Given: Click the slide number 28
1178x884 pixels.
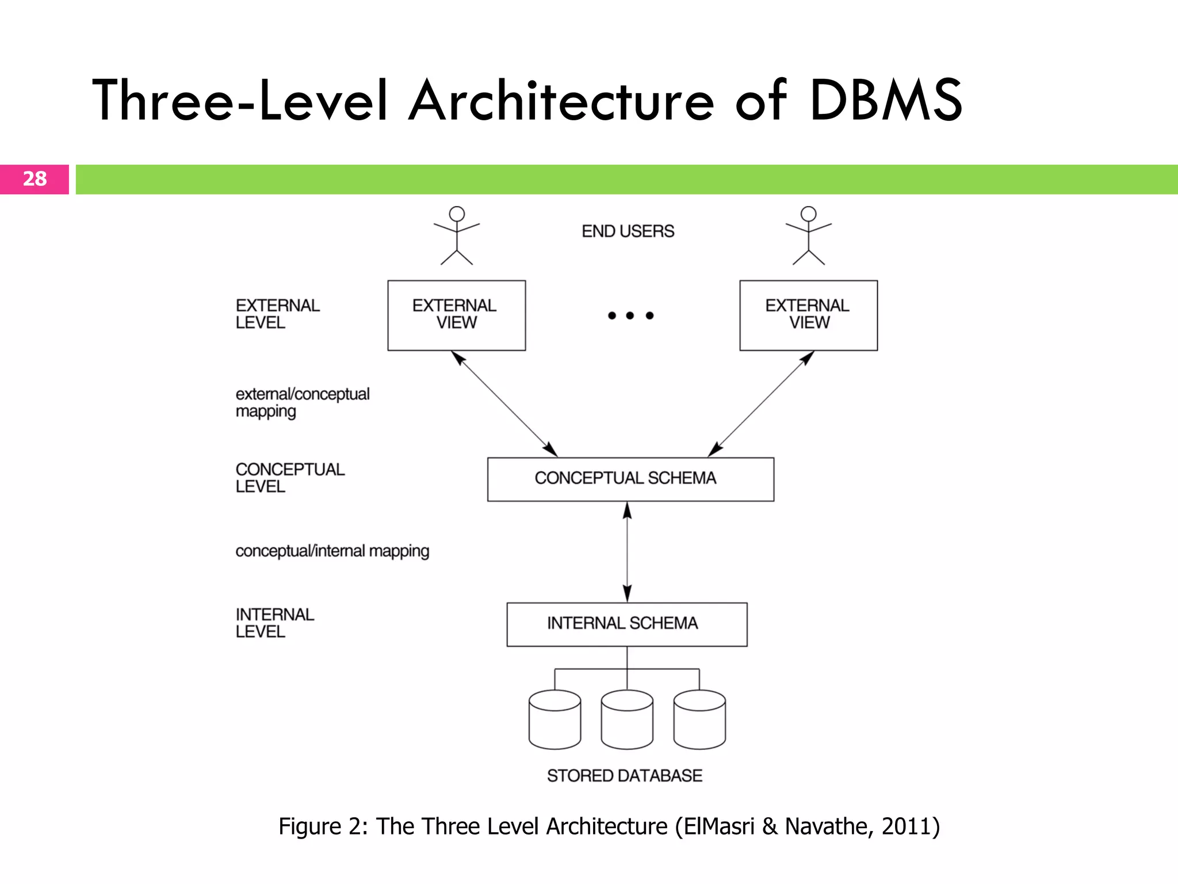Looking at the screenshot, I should click(x=35, y=179).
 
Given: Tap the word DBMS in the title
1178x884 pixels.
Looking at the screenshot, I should click(x=886, y=101).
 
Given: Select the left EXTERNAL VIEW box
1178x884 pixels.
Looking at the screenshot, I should click(x=456, y=315).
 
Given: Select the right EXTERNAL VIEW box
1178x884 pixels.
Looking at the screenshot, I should click(x=808, y=315).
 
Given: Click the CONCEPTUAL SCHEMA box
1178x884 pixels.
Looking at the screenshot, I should click(x=630, y=479).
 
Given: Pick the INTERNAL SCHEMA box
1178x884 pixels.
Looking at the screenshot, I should click(x=626, y=624).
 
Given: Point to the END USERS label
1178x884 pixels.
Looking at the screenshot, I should click(x=628, y=231).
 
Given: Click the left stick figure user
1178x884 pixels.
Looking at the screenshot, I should click(x=457, y=235).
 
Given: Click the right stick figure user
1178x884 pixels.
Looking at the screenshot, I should click(x=808, y=235).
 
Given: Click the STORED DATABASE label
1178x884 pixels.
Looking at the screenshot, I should click(x=625, y=776).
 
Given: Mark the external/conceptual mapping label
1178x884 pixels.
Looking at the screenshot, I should click(x=303, y=402).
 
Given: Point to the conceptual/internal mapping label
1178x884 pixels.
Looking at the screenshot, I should click(x=332, y=551).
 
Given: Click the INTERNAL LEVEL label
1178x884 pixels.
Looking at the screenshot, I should click(x=275, y=623).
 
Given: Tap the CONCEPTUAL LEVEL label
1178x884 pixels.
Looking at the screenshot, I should click(x=290, y=478).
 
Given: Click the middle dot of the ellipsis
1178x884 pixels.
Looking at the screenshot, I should click(x=630, y=315).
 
